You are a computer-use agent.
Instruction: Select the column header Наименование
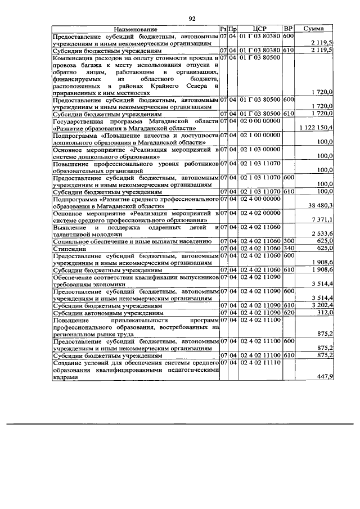pyautogui.click(x=135, y=29)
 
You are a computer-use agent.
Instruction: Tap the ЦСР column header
pyautogui.click(x=259, y=29)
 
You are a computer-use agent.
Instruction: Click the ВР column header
pyautogui.click(x=288, y=29)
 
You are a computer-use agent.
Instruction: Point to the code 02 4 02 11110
pyautogui.click(x=259, y=363)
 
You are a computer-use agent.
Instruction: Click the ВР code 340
pyautogui.click(x=289, y=247)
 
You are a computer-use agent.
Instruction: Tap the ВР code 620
pyautogui.click(x=289, y=312)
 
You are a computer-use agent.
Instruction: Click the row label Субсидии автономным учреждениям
pyautogui.click(x=107, y=312)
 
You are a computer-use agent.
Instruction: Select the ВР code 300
pyautogui.click(x=289, y=241)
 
